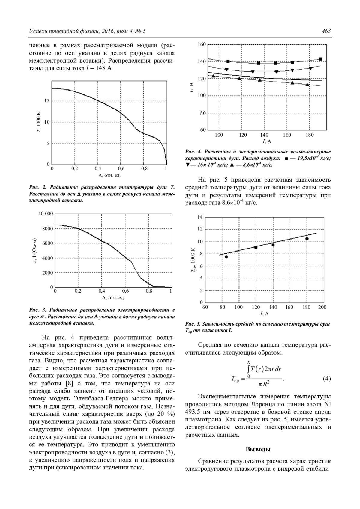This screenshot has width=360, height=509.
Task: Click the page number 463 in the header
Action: (326, 31)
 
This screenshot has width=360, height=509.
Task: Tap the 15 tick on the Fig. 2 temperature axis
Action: (47, 101)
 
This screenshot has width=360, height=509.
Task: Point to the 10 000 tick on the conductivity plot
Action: (46, 214)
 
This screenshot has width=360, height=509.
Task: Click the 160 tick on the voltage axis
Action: (202, 45)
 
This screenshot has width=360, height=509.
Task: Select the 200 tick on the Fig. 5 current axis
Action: (322, 307)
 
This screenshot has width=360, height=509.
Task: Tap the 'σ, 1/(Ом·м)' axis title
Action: (35, 251)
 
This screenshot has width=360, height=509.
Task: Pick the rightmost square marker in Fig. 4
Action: (321, 59)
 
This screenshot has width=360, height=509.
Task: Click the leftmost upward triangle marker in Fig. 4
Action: (213, 76)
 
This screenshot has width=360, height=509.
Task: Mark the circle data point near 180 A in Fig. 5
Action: (307, 239)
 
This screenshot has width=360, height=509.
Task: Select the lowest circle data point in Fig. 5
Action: (226, 257)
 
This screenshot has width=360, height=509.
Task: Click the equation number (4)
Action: (327, 379)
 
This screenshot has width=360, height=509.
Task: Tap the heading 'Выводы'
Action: (258, 449)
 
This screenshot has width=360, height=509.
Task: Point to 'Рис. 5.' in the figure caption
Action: (193, 324)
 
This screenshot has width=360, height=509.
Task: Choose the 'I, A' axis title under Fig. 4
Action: (265, 141)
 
